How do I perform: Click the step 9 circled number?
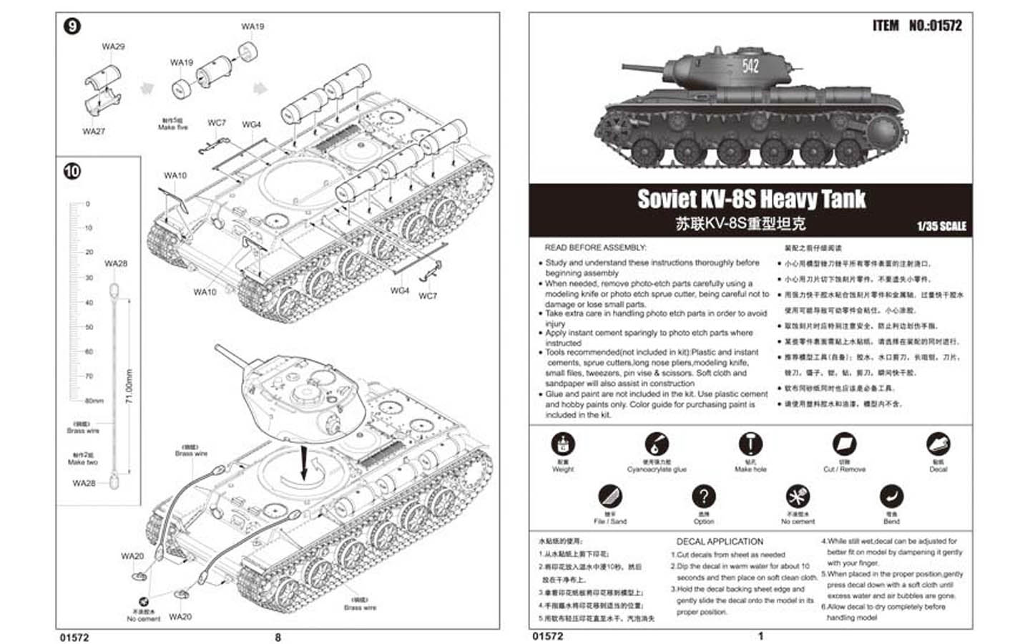72,26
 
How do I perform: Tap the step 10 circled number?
72,172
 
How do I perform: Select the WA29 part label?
113,47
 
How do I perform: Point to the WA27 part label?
94,131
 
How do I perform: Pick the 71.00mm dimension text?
129,386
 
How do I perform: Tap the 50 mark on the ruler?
89,327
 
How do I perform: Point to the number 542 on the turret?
750,67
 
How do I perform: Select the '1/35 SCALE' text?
941,226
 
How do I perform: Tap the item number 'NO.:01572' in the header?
935,26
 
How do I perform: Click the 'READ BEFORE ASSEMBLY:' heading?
595,248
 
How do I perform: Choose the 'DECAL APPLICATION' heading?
720,542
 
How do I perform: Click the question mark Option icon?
703,496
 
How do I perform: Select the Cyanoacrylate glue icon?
656,444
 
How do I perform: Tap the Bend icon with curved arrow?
891,496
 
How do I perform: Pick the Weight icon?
563,444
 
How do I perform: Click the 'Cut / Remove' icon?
844,444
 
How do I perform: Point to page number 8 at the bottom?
278,637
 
